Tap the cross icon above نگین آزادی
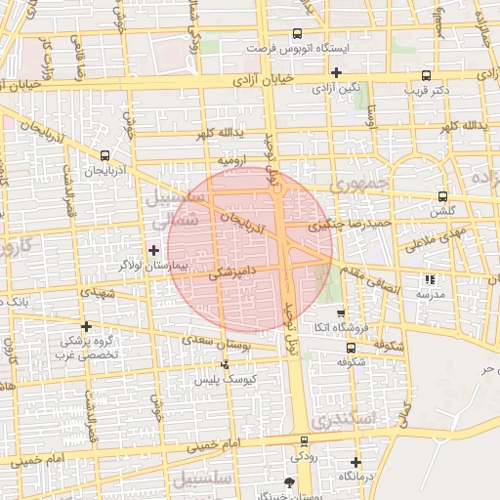(336, 72)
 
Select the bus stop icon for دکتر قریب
(425, 75)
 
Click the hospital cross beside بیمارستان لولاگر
(153, 250)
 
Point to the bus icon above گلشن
(442, 195)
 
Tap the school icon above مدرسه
(431, 279)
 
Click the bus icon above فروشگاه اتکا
(340, 314)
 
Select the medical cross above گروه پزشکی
(87, 326)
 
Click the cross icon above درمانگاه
(355, 462)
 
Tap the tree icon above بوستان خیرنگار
(288, 482)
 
